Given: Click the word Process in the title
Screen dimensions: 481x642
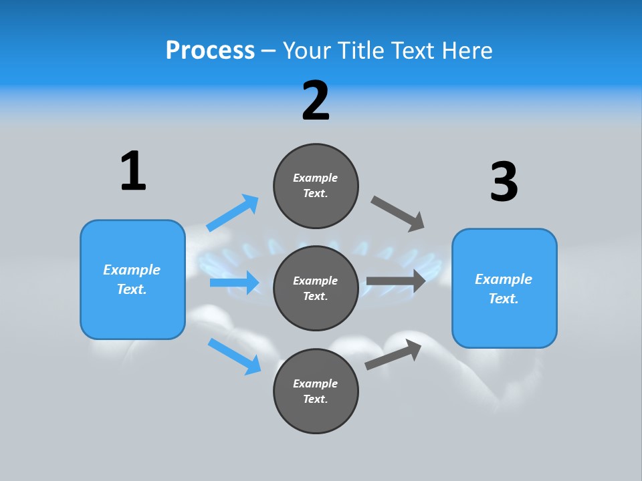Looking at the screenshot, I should (x=210, y=50).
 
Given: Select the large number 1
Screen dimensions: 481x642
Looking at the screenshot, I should (x=133, y=171).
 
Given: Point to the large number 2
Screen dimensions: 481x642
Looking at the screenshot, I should (x=316, y=101).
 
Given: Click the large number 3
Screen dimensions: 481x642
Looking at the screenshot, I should (x=504, y=182).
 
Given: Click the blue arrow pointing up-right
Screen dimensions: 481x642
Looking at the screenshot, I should (x=233, y=212).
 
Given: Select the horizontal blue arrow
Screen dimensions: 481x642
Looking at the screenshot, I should (x=235, y=283).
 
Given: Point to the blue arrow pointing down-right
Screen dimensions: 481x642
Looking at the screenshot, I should (x=235, y=356).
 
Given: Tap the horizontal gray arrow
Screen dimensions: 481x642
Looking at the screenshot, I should (x=396, y=281).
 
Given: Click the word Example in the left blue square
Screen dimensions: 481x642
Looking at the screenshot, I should (x=132, y=270).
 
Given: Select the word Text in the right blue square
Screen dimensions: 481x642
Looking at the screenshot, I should (x=503, y=299).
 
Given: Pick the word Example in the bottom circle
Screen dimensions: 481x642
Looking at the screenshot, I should (x=316, y=383).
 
